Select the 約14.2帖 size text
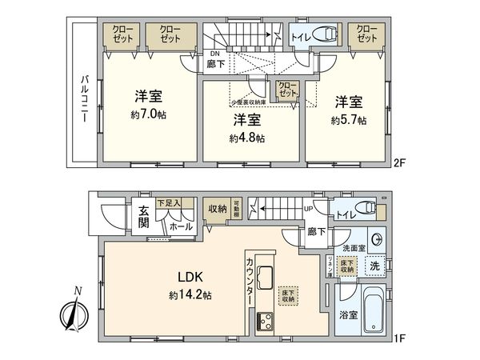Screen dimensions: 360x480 190,295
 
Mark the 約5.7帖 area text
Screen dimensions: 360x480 349,120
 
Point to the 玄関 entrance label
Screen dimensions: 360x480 143,218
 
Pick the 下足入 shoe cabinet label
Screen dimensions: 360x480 168,203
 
